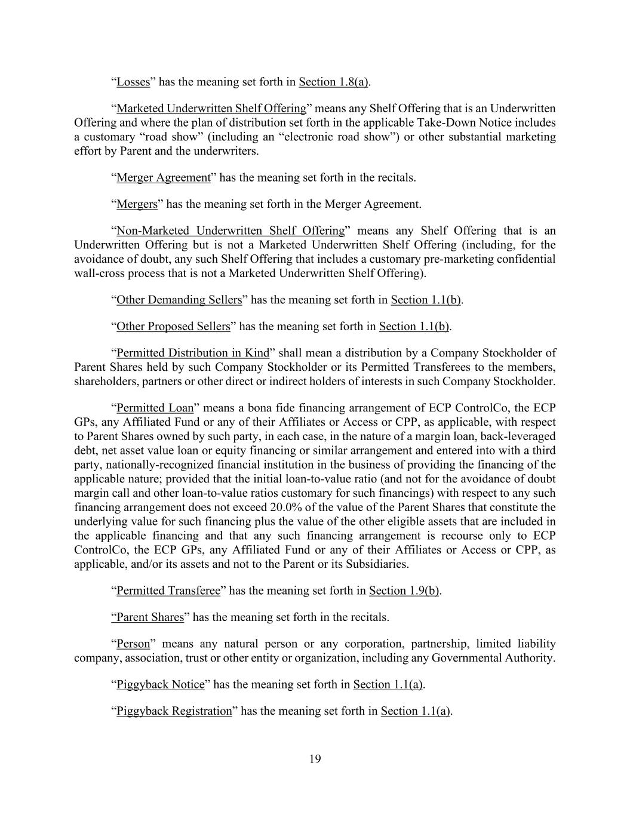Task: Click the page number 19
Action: click(x=315, y=759)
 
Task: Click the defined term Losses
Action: click(x=133, y=82)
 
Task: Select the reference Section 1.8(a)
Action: click(x=333, y=82)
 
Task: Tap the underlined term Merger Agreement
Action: click(x=163, y=178)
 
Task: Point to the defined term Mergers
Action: click(x=137, y=204)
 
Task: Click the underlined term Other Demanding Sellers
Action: click(x=179, y=300)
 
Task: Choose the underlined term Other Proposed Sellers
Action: click(x=173, y=327)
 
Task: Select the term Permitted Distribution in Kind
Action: click(x=192, y=353)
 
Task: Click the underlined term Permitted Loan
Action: click(x=155, y=408)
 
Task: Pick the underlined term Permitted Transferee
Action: click(x=168, y=591)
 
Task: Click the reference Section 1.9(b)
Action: click(x=404, y=591)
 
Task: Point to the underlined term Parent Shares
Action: click(x=147, y=617)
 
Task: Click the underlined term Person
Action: click(x=133, y=644)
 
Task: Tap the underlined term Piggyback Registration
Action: click(x=174, y=711)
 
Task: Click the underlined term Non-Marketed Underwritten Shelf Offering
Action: click(x=231, y=231)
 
